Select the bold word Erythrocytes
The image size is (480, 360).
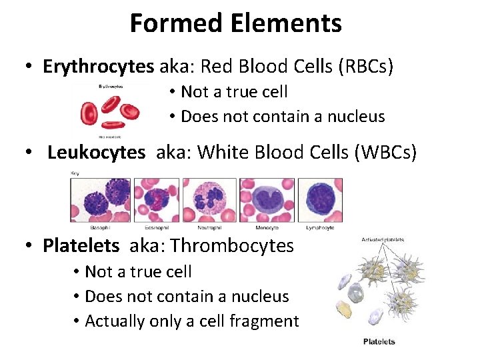(x=98, y=67)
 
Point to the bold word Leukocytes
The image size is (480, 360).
(x=96, y=153)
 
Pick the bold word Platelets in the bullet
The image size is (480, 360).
(x=81, y=245)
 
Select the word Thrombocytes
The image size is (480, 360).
(x=232, y=245)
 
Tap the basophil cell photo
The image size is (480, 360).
(x=101, y=198)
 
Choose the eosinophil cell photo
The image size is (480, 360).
(x=156, y=198)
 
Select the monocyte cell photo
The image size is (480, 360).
(x=266, y=198)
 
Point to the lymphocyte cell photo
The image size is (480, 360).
(x=320, y=198)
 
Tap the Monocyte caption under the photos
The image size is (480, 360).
(x=266, y=227)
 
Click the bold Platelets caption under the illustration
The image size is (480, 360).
(x=379, y=342)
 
